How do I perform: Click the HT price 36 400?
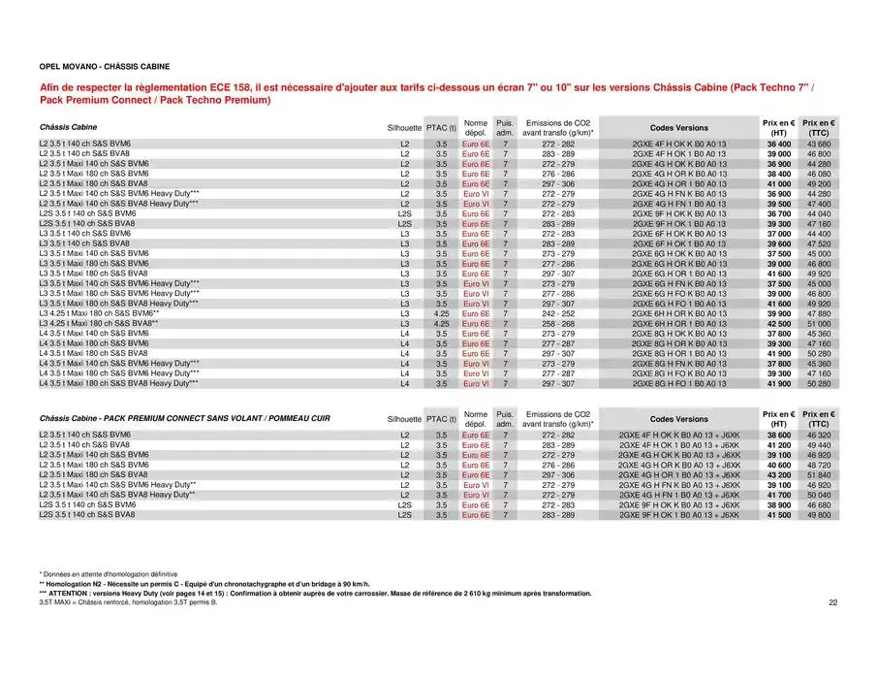click(777, 144)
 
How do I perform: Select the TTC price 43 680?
click(819, 144)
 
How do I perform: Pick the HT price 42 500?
click(777, 323)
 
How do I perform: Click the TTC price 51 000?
click(819, 323)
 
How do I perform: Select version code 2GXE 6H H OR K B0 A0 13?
click(677, 313)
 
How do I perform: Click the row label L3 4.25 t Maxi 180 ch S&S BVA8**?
click(98, 323)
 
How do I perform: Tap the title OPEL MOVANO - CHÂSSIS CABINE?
click(105, 67)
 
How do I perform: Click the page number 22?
click(833, 602)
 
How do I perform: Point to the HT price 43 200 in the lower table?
click(777, 474)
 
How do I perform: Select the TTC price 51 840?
click(819, 474)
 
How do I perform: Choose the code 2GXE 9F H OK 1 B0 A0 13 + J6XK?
click(677, 515)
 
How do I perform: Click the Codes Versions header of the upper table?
click(677, 127)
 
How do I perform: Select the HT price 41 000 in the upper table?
click(777, 183)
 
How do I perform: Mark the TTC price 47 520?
click(819, 243)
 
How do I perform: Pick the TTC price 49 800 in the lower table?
click(819, 515)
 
